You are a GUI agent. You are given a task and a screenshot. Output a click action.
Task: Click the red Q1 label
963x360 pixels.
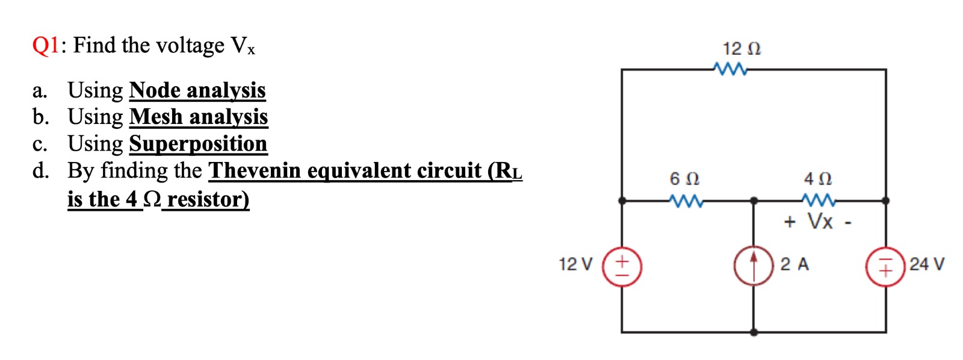[x=45, y=45]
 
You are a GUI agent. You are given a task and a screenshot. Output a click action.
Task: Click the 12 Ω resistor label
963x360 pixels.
[x=742, y=49]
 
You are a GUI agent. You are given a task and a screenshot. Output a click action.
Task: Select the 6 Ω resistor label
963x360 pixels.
[x=684, y=179]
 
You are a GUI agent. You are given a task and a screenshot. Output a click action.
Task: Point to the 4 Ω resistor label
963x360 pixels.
[x=817, y=179]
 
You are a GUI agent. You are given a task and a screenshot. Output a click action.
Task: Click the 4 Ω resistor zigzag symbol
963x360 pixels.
[x=818, y=200]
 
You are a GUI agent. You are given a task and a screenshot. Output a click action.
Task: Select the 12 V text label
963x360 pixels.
[x=575, y=264]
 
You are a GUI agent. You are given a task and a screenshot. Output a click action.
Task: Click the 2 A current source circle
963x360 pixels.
[x=753, y=265]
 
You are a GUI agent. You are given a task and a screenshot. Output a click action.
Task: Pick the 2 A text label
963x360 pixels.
[x=794, y=264]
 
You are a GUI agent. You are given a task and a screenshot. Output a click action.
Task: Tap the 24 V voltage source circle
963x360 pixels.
[x=885, y=265]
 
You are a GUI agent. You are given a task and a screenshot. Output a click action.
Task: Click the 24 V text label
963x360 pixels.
[x=927, y=264]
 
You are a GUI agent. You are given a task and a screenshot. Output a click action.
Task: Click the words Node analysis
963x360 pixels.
[x=197, y=90]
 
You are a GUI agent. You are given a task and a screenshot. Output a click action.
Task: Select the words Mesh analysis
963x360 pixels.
[x=199, y=117]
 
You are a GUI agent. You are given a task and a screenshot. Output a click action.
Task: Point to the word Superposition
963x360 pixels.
[x=198, y=144]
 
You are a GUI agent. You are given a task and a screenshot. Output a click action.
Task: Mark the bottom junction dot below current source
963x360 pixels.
[x=754, y=332]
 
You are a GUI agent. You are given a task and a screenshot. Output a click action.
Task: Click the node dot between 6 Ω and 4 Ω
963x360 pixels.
[x=754, y=200]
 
